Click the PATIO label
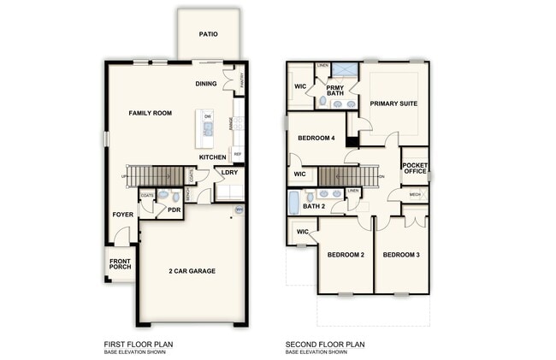click(208, 35)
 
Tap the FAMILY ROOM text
click(151, 113)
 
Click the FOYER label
click(123, 215)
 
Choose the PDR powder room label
click(174, 210)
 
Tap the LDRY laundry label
click(229, 173)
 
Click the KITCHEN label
click(212, 157)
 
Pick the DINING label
click(205, 84)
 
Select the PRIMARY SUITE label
click(393, 103)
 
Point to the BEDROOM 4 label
click(316, 139)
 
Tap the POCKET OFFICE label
click(415, 168)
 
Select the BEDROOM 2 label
click(345, 255)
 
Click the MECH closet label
click(415, 195)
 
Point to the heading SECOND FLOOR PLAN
click(325, 345)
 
